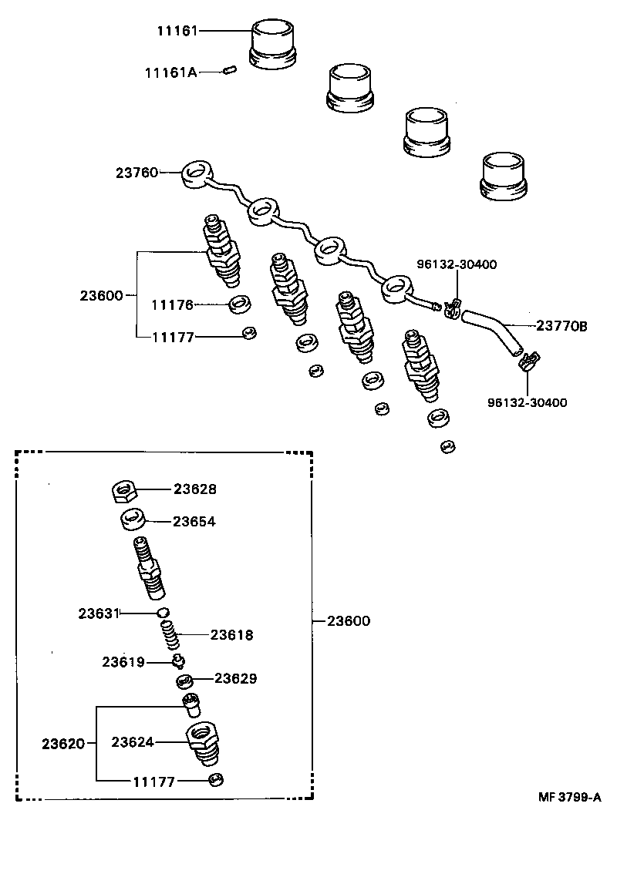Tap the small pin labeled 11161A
[228, 71]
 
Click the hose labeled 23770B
[494, 332]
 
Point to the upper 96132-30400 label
[457, 264]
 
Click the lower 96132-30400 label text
[528, 402]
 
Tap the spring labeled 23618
[171, 637]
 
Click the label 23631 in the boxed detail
[98, 613]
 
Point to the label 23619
[123, 662]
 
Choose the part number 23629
[235, 679]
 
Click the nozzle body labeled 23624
[201, 744]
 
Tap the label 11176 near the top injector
[172, 305]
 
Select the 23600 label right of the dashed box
[348, 621]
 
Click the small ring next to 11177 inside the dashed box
[217, 781]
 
